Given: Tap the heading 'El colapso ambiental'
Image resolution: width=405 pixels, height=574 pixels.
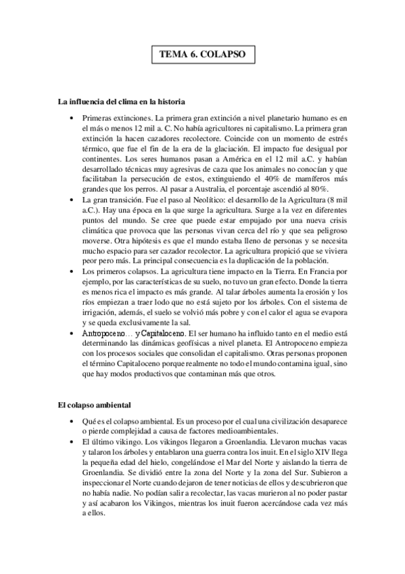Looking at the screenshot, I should click(x=91, y=405).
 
